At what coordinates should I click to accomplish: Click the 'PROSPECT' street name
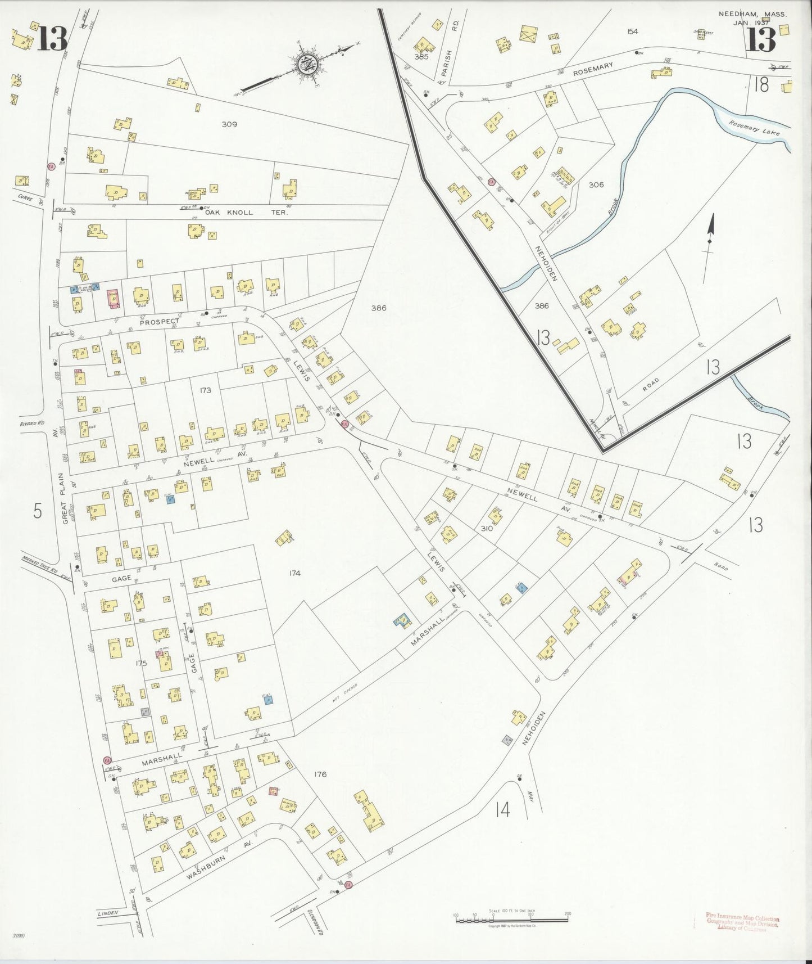tap(159, 321)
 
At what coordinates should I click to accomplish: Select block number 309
tap(229, 124)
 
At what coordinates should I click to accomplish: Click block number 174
tap(294, 573)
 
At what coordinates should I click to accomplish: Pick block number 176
tap(320, 774)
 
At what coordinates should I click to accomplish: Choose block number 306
tap(596, 184)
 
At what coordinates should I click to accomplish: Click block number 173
tap(205, 389)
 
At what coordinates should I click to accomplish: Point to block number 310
tap(487, 529)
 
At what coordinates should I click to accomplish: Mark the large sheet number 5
tap(37, 511)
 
